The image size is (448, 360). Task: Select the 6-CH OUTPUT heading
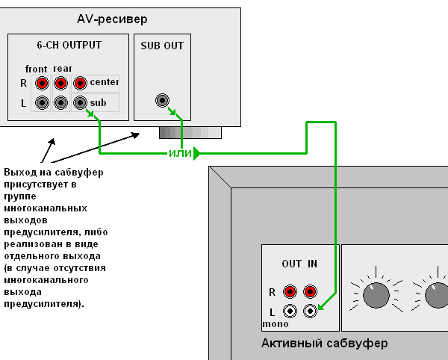click(69, 45)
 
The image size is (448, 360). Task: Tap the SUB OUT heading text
click(162, 46)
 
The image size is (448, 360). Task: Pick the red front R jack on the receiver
click(43, 84)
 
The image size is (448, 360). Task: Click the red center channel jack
click(80, 84)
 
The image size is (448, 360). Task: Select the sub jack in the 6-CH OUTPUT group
click(80, 102)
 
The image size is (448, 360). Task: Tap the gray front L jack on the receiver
click(43, 102)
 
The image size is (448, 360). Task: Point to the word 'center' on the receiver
click(105, 82)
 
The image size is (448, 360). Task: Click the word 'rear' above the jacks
click(63, 69)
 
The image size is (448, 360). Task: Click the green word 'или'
click(180, 154)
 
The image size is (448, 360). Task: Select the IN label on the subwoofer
click(312, 264)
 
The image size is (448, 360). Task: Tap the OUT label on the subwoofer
click(292, 264)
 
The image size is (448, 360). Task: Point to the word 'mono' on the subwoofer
click(275, 325)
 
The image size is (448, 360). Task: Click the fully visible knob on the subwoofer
click(376, 295)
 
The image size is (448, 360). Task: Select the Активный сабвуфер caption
click(325, 344)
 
